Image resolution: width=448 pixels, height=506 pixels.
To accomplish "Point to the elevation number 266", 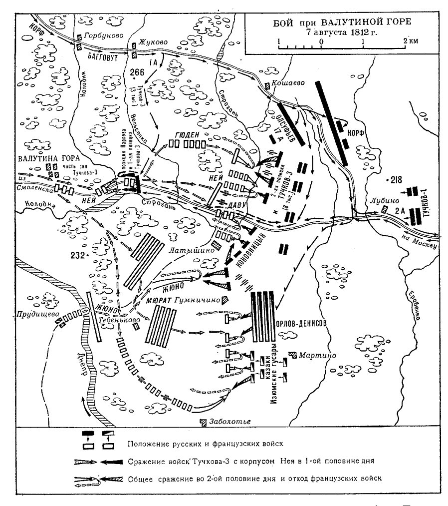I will coord(136,71).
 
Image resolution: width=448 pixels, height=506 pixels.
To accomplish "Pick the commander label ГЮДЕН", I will coord(188,134).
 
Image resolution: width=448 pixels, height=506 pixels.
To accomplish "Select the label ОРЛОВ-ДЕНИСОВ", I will coord(301,323).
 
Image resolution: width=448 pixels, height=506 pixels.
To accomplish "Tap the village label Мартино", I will coord(317,355).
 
